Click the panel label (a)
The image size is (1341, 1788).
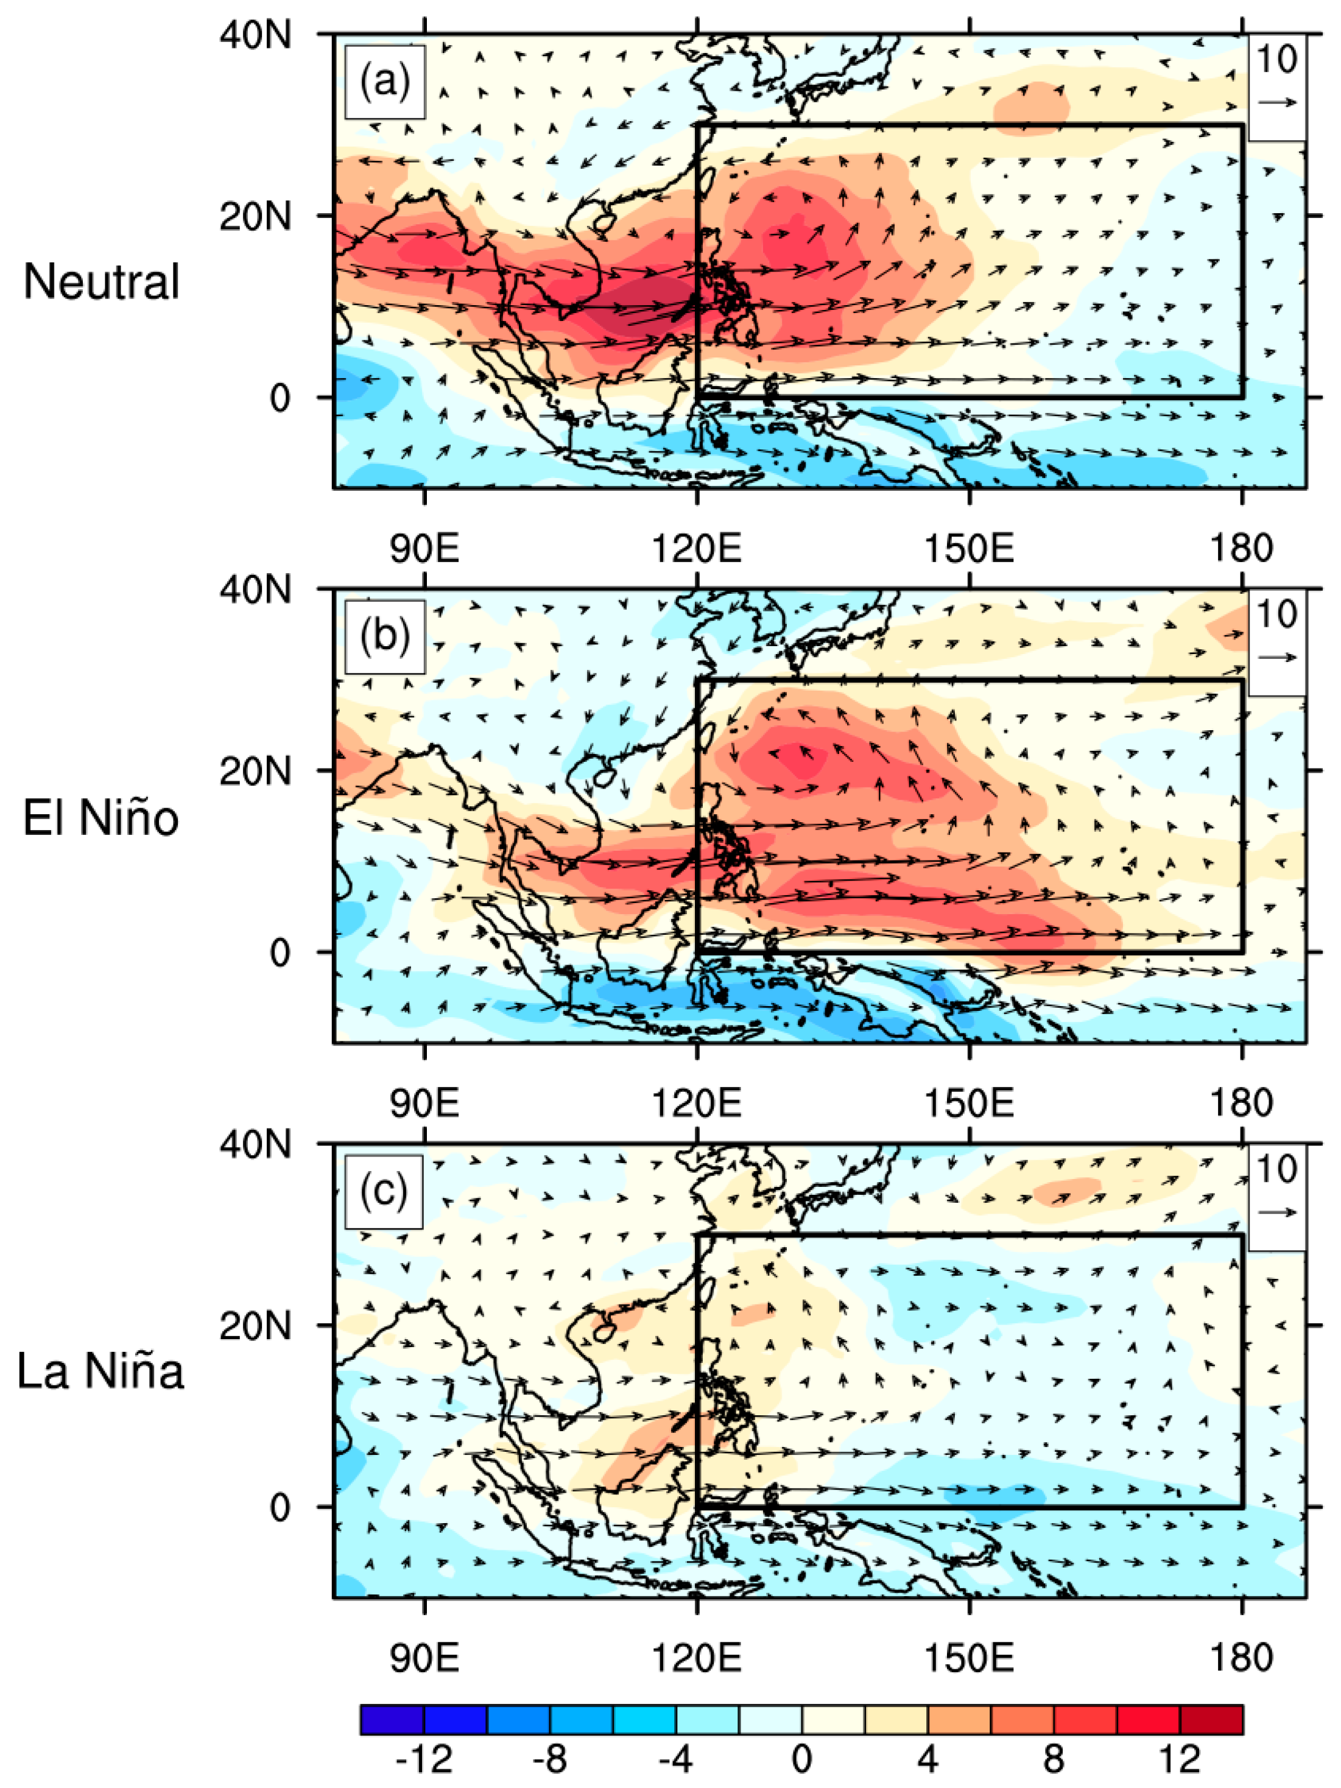385,82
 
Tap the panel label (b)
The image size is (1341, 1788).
385,636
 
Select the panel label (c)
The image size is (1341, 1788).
383,1191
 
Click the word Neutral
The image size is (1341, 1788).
101,282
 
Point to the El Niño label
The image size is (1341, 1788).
100,818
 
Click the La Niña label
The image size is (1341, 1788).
100,1371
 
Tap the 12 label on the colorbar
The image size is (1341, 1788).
1180,1758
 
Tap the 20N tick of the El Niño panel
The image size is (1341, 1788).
255,771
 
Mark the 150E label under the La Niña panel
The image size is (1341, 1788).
968,1658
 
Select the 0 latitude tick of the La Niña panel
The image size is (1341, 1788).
280,1507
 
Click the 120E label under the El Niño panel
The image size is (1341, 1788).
696,1102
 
